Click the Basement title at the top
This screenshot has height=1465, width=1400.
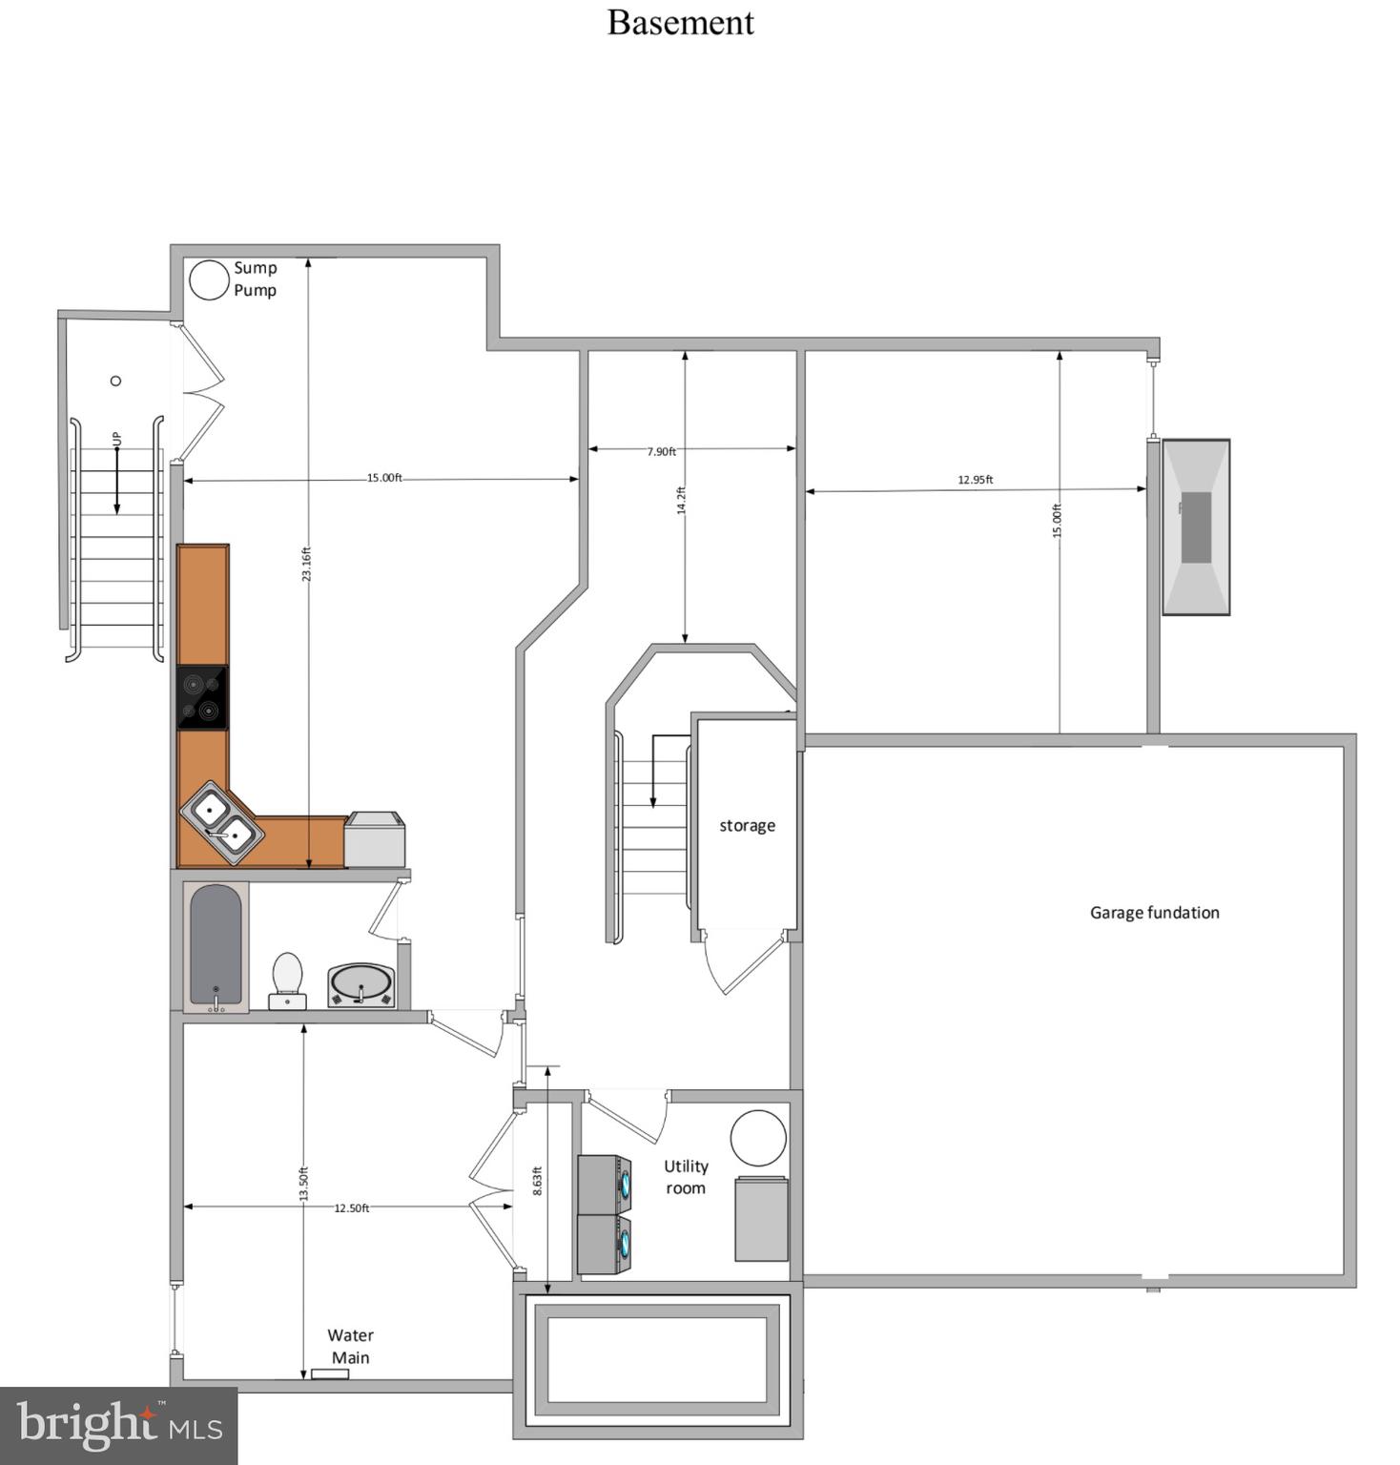point(680,23)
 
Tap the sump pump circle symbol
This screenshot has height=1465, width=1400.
point(208,279)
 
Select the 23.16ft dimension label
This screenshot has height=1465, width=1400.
point(306,564)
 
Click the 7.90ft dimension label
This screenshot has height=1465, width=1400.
point(661,451)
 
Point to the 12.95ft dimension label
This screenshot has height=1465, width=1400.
point(975,480)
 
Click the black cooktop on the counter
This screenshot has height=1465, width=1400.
point(202,697)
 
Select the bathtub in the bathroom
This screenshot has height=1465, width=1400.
point(216,946)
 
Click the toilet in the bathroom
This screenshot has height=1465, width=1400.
point(287,980)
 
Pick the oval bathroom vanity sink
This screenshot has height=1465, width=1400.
point(360,985)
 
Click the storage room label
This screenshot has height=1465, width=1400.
point(747,826)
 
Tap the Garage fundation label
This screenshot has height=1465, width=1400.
point(1154,913)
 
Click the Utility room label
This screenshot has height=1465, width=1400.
point(686,1177)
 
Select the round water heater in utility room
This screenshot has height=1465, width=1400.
point(758,1138)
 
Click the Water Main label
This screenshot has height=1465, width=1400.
point(350,1346)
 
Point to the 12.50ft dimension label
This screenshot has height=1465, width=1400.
point(351,1208)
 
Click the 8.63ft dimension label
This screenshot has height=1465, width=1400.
point(537,1181)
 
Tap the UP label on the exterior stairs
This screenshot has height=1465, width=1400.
point(116,439)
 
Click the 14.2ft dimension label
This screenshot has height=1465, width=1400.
point(681,501)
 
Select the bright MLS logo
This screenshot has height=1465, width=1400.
point(119,1426)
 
